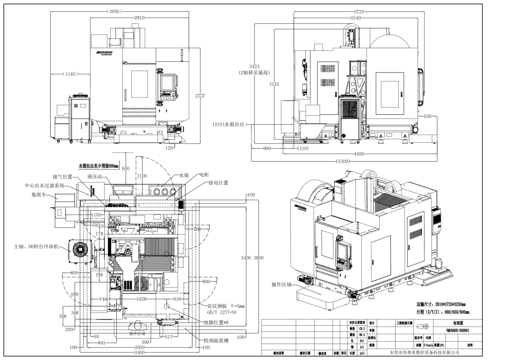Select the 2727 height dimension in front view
tap(199, 95)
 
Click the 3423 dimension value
tap(254, 66)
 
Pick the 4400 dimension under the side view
tap(359, 154)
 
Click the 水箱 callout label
tap(184, 176)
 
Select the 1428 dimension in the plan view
tap(142, 299)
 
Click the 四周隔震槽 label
tap(216, 341)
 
